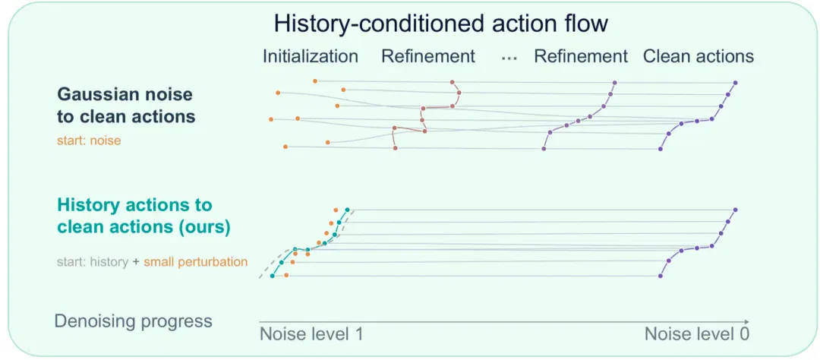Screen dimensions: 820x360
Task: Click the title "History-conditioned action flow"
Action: (x=441, y=24)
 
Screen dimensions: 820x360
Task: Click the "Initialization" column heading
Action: (x=311, y=56)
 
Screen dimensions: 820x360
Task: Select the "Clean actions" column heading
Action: (x=699, y=56)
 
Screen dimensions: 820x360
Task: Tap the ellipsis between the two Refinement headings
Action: (x=508, y=58)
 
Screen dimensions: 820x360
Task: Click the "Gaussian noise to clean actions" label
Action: (x=126, y=105)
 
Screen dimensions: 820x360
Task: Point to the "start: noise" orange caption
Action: (x=89, y=141)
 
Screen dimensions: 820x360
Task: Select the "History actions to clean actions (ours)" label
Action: (x=143, y=216)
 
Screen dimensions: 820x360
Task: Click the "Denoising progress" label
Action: (x=134, y=321)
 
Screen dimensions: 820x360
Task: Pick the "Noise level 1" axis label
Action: (x=311, y=334)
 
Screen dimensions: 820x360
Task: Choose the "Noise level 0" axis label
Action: (x=697, y=334)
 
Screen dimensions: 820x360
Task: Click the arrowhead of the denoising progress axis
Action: (x=747, y=321)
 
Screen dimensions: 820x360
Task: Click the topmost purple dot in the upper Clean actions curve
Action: (x=735, y=83)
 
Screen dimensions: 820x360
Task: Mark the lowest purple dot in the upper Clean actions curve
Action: (x=660, y=149)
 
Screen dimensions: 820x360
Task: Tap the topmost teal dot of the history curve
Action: (x=347, y=210)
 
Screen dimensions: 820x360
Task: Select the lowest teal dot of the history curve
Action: (x=272, y=276)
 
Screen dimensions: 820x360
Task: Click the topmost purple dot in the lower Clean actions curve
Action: (x=735, y=210)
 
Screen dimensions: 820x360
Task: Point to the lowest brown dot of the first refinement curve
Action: (x=395, y=149)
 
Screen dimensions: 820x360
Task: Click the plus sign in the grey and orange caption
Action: (x=135, y=262)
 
